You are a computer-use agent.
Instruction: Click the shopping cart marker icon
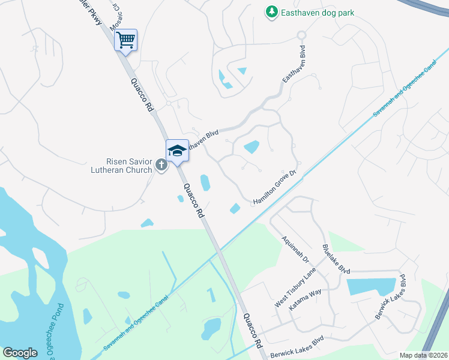coord(125,40)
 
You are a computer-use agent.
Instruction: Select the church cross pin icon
coord(161,164)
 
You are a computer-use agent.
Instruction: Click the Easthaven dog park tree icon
coord(272,11)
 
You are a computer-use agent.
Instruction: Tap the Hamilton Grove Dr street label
coord(275,187)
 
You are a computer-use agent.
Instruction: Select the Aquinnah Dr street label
coord(295,249)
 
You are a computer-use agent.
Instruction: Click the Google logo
coord(20,353)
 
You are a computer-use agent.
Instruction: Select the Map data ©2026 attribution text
coord(424,355)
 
